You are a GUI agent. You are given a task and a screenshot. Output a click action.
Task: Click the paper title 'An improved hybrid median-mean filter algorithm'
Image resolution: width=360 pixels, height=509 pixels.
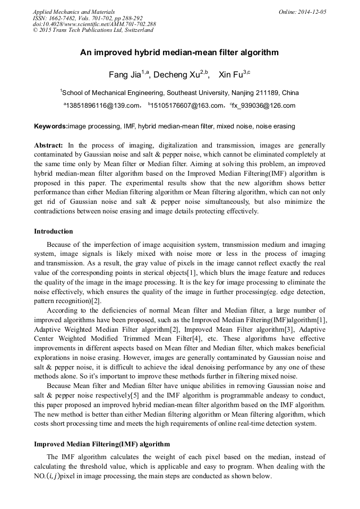(x=179, y=53)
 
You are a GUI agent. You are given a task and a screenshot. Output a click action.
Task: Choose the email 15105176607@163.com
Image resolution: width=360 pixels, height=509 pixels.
(x=186, y=106)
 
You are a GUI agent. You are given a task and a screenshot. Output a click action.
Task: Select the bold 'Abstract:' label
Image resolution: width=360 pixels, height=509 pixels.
(x=48, y=145)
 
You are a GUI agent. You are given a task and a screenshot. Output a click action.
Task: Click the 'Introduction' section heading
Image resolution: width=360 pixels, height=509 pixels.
(x=53, y=231)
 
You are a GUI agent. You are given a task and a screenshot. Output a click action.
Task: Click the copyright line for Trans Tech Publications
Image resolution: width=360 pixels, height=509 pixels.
(x=93, y=30)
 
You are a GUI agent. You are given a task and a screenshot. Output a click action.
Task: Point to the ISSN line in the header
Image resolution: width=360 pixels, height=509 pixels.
(x=88, y=18)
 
